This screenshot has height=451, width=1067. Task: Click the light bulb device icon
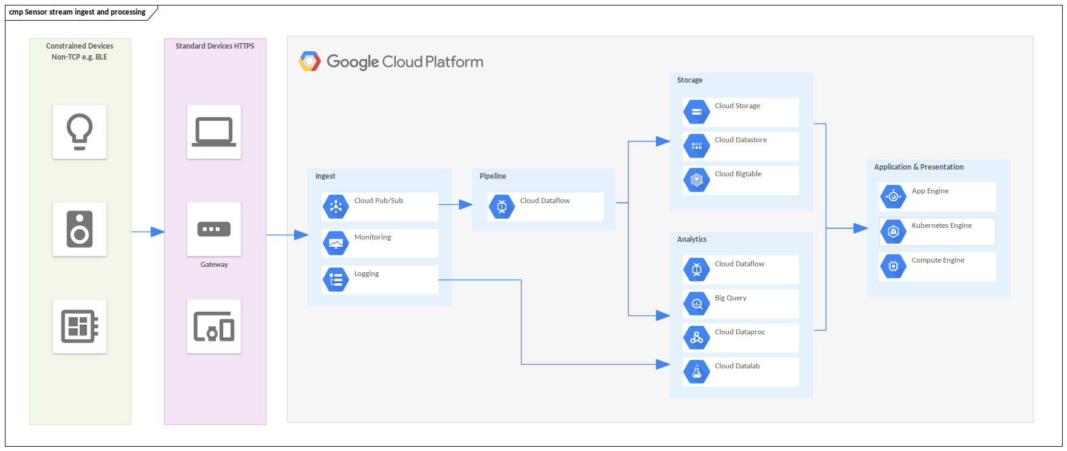pos(80,131)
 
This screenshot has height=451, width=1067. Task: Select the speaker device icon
pos(80,229)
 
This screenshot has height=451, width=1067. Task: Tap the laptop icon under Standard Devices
pos(214,131)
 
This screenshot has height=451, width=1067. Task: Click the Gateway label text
pos(214,264)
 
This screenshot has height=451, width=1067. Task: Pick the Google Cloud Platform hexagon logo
pos(309,61)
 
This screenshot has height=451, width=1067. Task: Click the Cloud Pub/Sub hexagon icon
pos(336,207)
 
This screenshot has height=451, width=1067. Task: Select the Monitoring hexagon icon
pos(336,243)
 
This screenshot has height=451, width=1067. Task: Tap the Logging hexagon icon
pos(336,280)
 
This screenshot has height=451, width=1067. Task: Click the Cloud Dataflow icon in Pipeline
pos(502,207)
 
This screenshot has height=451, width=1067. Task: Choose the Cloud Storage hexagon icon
pos(697,112)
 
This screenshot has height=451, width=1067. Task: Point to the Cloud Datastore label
pos(741,140)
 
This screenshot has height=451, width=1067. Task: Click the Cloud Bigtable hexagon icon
pos(697,180)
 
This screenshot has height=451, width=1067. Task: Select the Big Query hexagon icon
pos(697,304)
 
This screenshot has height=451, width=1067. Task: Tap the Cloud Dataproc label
pos(740,332)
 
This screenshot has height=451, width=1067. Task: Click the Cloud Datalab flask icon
pos(697,372)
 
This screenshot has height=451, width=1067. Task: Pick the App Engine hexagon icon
pos(893,196)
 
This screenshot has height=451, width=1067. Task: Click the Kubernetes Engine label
pos(941,225)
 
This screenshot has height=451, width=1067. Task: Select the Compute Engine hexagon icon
pos(893,266)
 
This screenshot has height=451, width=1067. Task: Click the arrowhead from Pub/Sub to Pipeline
pos(466,205)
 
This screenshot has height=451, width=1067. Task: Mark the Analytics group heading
pos(692,239)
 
